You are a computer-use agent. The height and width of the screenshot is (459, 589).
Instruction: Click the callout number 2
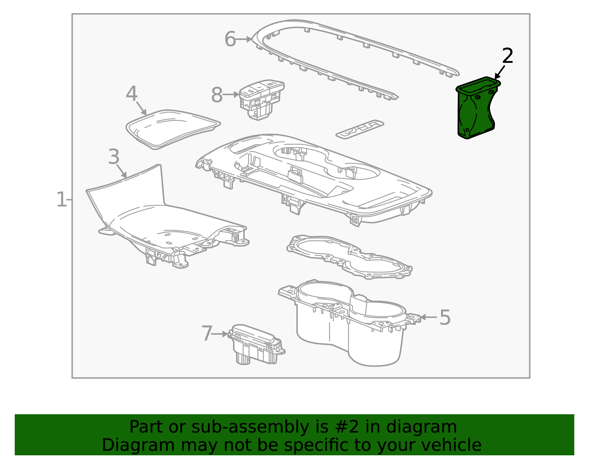tap(507, 56)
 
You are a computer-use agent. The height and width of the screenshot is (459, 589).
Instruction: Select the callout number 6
tap(230, 39)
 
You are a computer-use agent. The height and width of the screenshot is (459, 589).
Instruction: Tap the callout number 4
tap(132, 94)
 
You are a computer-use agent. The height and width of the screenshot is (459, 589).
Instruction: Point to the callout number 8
tap(216, 95)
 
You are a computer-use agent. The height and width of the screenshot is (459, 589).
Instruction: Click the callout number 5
tap(445, 317)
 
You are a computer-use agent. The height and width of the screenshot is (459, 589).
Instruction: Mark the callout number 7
tap(207, 333)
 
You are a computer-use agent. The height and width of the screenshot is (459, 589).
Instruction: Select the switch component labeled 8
tap(261, 99)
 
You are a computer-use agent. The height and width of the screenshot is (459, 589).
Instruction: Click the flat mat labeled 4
tap(173, 129)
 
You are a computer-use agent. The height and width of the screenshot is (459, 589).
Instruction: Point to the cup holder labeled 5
tap(350, 322)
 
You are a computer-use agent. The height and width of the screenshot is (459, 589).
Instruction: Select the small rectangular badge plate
tap(360, 129)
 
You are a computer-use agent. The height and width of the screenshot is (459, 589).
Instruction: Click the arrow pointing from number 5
tap(428, 317)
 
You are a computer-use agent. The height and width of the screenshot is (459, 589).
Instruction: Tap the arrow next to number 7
tap(220, 334)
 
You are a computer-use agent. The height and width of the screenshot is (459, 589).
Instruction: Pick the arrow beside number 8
tap(231, 95)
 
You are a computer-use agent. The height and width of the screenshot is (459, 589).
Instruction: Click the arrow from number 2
tap(500, 72)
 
